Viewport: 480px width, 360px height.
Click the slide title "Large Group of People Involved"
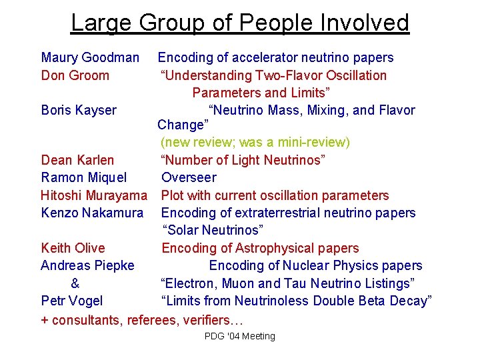click(240, 23)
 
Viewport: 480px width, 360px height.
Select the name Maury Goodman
click(90, 58)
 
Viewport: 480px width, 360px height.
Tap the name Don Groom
click(75, 75)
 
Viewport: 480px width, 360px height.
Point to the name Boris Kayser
click(79, 110)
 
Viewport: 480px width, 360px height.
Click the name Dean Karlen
click(77, 160)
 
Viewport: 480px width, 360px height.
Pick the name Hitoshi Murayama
click(93, 195)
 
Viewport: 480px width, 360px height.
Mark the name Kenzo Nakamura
click(92, 213)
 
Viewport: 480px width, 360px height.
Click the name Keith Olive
click(73, 248)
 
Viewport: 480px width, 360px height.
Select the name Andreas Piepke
click(87, 265)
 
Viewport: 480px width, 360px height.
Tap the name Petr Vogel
click(72, 301)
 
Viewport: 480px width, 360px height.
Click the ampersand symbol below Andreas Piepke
click(75, 283)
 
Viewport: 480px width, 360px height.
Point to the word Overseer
click(189, 177)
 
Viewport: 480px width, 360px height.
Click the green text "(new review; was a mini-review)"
click(255, 142)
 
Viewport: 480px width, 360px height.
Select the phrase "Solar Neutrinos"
click(213, 230)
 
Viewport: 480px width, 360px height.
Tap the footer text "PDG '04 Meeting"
click(240, 336)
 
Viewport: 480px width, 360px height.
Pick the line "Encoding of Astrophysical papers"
click(260, 248)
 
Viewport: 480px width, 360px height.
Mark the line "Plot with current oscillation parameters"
click(275, 195)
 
